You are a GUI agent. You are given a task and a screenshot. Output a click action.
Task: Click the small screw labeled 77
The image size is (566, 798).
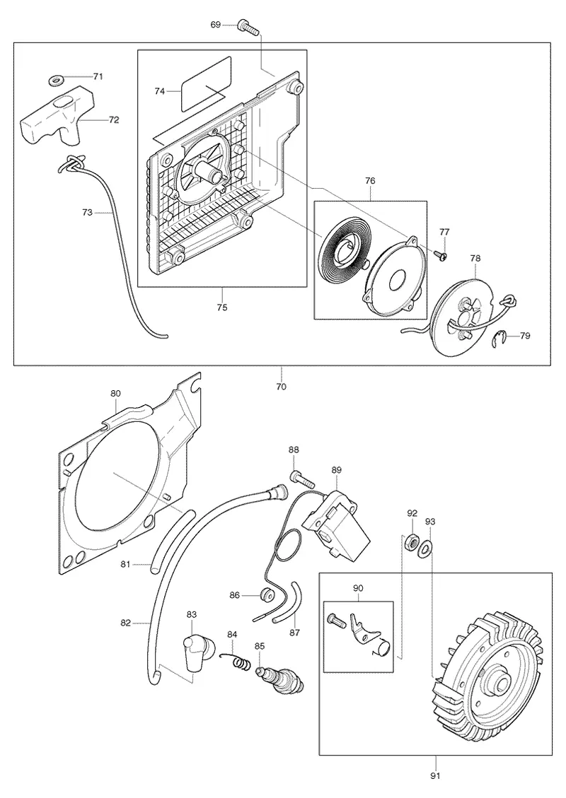(x=442, y=255)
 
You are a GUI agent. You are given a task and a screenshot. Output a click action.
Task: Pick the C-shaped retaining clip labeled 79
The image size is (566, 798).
(x=502, y=339)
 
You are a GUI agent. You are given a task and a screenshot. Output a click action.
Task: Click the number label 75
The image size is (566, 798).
(x=222, y=307)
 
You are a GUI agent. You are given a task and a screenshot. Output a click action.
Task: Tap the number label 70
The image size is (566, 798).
(x=281, y=387)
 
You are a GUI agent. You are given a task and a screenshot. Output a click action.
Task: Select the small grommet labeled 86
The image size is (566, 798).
(x=265, y=595)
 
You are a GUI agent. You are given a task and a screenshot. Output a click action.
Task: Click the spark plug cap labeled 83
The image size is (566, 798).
(x=194, y=652)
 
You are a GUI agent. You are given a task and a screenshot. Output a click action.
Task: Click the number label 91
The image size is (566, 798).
(x=435, y=776)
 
